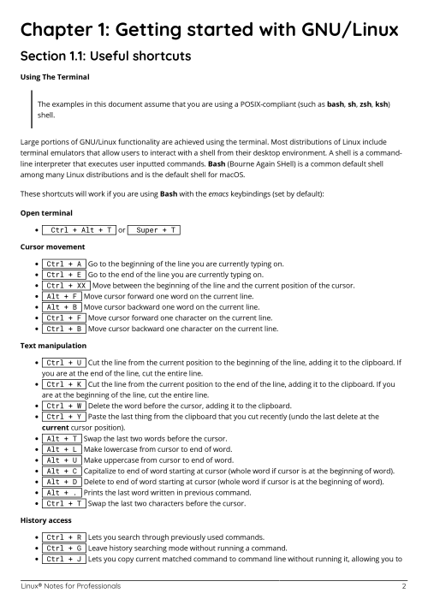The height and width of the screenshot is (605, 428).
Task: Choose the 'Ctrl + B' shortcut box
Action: pos(63,329)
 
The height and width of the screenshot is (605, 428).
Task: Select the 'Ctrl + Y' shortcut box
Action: pos(63,418)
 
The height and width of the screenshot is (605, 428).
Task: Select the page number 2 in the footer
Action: pos(403,587)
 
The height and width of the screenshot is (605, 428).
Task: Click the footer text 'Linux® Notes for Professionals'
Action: pos(71,587)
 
